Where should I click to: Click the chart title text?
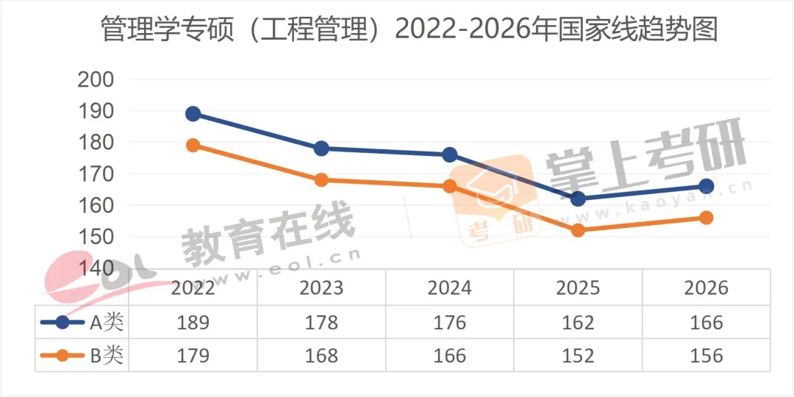click(x=397, y=31)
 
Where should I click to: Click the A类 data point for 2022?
click(x=193, y=114)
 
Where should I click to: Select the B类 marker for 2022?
click(x=193, y=145)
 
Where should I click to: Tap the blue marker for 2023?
click(x=321, y=149)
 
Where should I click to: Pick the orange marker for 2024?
click(x=450, y=186)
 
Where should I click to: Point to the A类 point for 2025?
click(x=578, y=198)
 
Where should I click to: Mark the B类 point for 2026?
click(x=707, y=218)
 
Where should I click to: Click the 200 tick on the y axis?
click(x=96, y=80)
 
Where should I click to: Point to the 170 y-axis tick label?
click(x=96, y=174)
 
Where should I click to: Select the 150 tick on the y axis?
click(x=96, y=237)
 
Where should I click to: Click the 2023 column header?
click(x=321, y=287)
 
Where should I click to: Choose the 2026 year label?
click(x=707, y=287)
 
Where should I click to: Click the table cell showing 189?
click(x=193, y=322)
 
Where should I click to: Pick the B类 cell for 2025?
click(x=578, y=356)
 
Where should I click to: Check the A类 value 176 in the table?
click(x=450, y=322)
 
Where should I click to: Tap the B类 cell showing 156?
click(x=707, y=356)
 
